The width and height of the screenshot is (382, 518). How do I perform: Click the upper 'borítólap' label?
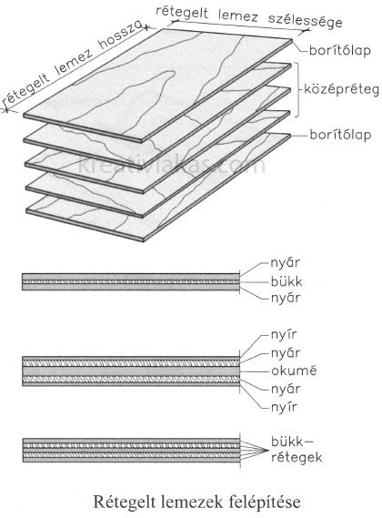tap(340, 51)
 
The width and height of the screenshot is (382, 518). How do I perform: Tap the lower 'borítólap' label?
tap(340, 135)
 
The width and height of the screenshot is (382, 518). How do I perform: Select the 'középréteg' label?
tap(341, 89)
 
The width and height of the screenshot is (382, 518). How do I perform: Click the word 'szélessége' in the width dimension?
tap(305, 21)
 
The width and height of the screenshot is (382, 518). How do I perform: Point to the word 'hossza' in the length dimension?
tap(121, 36)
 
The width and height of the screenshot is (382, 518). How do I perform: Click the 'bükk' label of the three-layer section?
tap(286, 282)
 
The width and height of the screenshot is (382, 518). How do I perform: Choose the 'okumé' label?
tap(294, 371)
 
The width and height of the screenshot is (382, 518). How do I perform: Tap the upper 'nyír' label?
tap(284, 335)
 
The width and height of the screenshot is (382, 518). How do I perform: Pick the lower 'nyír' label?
tap(284, 407)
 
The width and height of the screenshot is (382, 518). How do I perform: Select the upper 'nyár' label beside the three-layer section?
tap(286, 263)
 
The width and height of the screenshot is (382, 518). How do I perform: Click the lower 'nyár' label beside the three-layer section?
tap(286, 299)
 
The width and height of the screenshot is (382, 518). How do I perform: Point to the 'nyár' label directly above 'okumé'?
tap(286, 353)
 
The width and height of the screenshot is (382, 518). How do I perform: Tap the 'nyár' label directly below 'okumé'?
tap(286, 389)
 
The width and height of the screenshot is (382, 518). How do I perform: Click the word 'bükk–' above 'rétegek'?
tap(291, 442)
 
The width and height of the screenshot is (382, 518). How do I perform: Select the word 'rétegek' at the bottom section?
tap(297, 458)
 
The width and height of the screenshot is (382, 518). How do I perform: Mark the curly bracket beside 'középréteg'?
tap(299, 89)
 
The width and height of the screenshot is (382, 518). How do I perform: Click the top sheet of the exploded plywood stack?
tap(158, 86)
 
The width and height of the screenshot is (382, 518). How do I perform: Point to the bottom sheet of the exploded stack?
tap(158, 187)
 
